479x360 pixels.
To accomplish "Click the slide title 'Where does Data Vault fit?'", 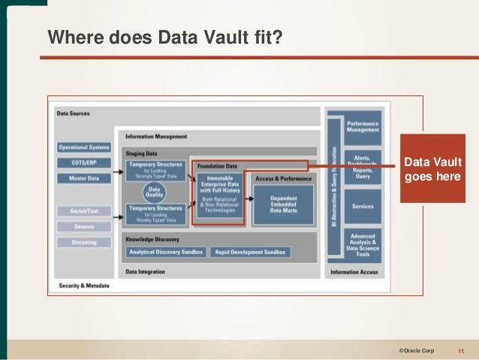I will click(165, 37).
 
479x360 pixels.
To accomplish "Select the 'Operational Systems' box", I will click(83, 147).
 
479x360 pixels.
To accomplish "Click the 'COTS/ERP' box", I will click(83, 162).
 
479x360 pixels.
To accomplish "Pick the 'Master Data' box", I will click(83, 177).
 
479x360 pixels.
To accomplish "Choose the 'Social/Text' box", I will click(83, 211).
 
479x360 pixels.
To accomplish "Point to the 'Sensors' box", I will click(83, 225).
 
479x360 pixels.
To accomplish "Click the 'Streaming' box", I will click(83, 242).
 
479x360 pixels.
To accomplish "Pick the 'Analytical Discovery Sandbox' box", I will click(165, 252).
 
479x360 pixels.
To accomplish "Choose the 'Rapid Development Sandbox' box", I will click(250, 252).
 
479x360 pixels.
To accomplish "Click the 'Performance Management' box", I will click(363, 126).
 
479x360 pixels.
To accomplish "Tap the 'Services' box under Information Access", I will click(363, 205).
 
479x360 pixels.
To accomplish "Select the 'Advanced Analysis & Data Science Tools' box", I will click(363, 246).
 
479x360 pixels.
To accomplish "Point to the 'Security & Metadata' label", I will click(83, 286).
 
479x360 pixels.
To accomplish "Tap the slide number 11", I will click(460, 350).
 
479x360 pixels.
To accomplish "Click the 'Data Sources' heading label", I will click(74, 113).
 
